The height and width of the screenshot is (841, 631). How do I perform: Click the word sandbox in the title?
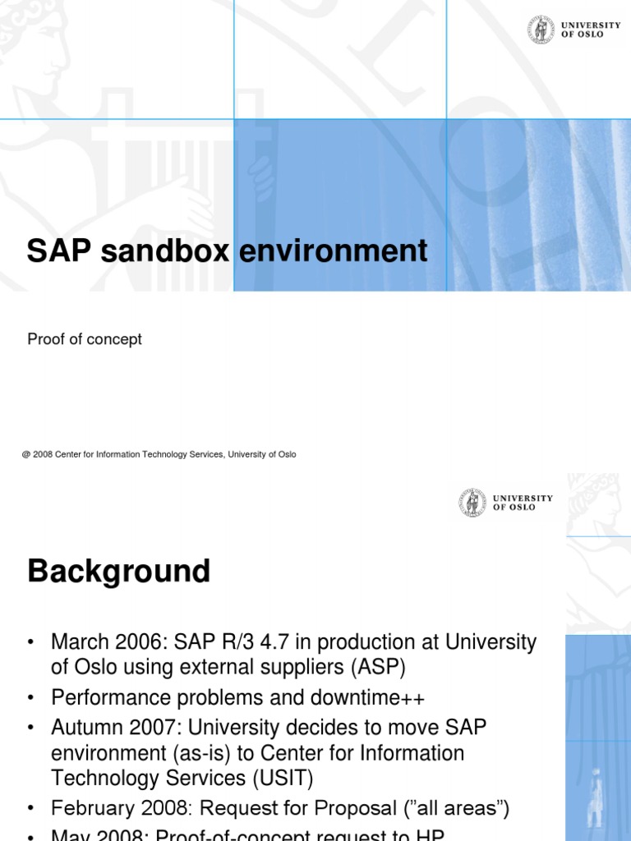(164, 251)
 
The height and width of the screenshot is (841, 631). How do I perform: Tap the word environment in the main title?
(333, 251)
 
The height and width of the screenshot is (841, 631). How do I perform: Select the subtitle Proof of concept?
(85, 339)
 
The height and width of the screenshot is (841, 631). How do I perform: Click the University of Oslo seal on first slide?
(541, 30)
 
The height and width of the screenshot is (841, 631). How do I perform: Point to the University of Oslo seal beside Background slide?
(472, 503)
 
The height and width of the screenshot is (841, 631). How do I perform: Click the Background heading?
(118, 571)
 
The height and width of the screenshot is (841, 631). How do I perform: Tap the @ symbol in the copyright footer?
(26, 454)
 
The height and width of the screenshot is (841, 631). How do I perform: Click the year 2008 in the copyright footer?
(43, 454)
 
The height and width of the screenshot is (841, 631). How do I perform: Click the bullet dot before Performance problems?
(32, 698)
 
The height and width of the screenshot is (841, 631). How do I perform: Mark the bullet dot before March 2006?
(32, 642)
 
